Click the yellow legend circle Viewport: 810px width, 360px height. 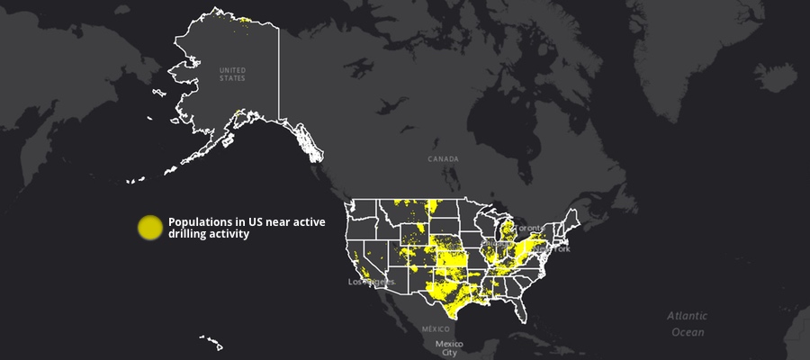pos(149,228)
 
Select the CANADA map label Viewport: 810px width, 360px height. pos(443,158)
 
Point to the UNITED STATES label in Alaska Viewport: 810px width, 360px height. pos(232,74)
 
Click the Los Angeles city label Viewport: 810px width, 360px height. pos(372,283)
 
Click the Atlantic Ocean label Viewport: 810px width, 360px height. pos(687,324)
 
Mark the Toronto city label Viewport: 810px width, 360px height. pos(528,228)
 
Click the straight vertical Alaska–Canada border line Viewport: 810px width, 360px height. pos(278,72)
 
